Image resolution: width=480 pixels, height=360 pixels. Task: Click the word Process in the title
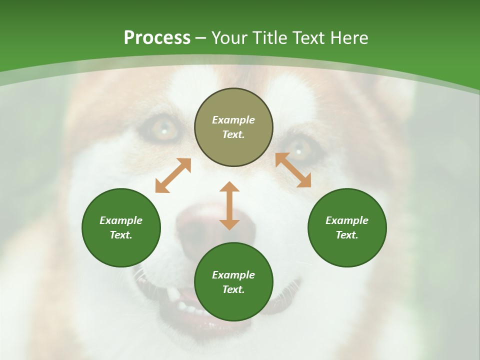(x=157, y=38)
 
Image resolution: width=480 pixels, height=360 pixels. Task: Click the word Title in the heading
(x=269, y=38)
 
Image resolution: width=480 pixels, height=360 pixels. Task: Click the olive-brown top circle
(x=233, y=102)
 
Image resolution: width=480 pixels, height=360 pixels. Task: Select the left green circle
(x=121, y=250)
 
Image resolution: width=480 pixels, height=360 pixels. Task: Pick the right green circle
(x=347, y=250)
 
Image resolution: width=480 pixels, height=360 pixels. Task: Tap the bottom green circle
(x=233, y=305)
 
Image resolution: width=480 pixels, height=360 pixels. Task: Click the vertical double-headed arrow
(x=229, y=205)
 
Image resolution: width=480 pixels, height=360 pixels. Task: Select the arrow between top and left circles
(x=173, y=175)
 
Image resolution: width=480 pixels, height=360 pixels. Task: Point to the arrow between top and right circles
(x=293, y=170)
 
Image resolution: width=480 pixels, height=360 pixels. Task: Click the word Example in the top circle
(x=233, y=120)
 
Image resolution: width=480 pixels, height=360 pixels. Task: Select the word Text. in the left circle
(x=121, y=235)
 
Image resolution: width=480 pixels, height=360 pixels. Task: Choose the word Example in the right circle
(x=347, y=220)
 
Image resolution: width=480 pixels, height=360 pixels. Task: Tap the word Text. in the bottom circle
(x=233, y=289)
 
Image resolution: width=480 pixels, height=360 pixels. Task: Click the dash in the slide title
(x=200, y=38)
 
